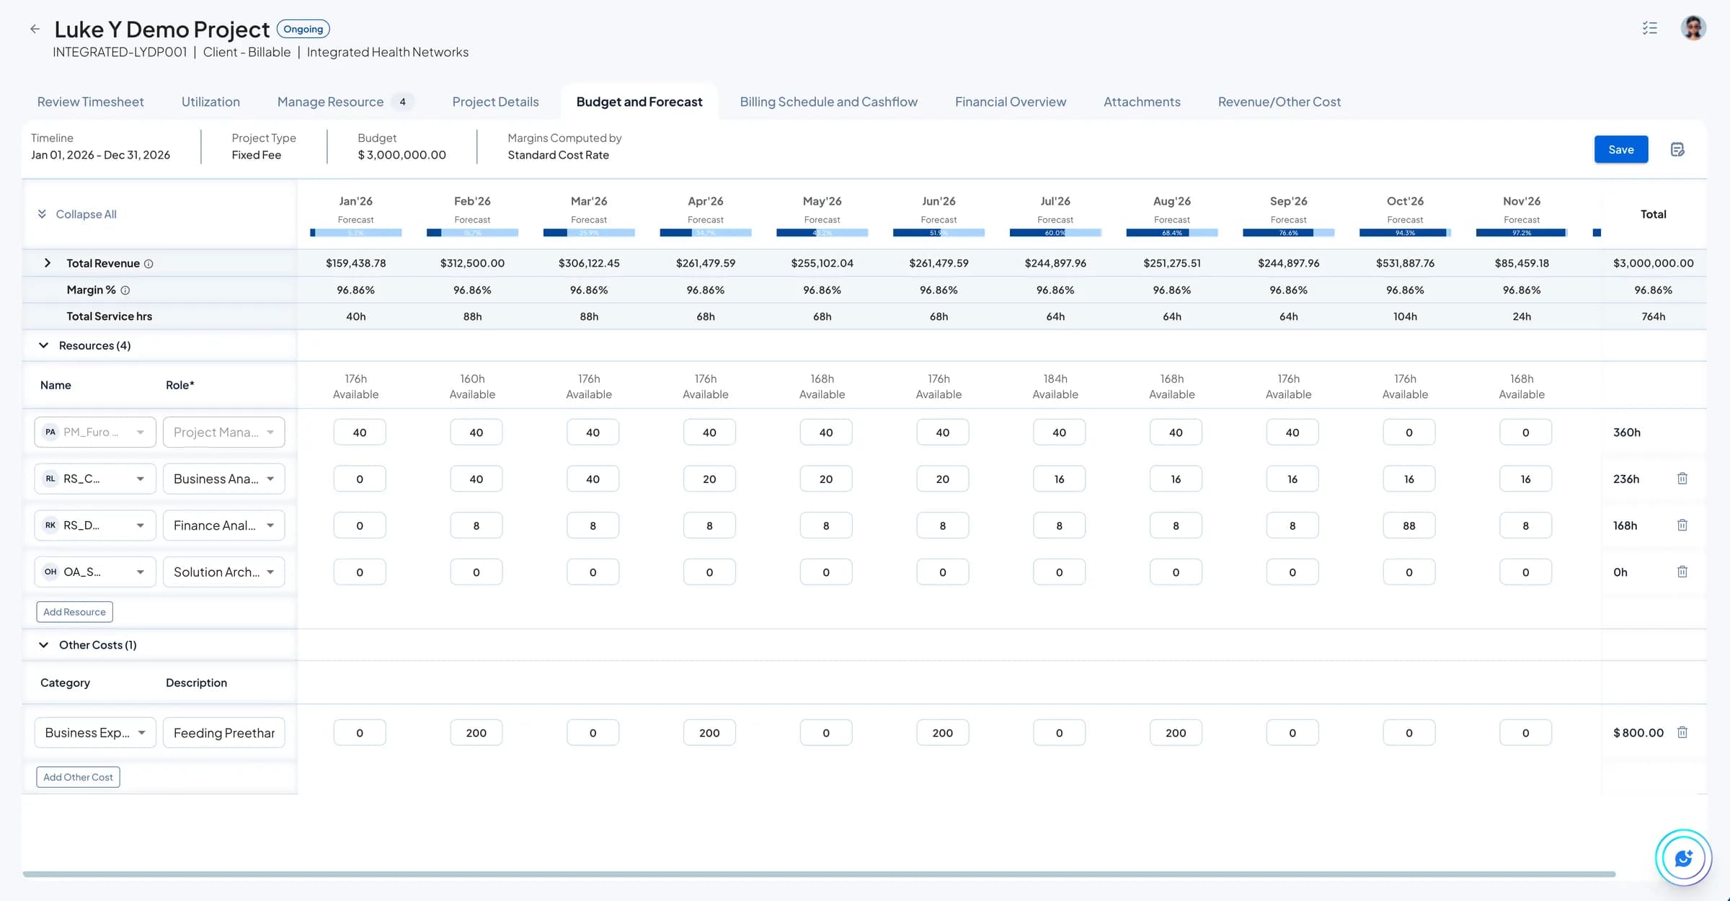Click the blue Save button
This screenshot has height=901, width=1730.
tap(1620, 149)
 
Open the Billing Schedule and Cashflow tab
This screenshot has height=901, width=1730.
tap(828, 102)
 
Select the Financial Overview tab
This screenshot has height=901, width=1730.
tap(1010, 102)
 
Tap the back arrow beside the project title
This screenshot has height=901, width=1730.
tap(35, 30)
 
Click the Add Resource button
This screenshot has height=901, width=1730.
tap(74, 612)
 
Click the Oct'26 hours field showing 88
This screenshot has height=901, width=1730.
tap(1409, 525)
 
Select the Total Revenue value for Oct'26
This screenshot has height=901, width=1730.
tap(1405, 263)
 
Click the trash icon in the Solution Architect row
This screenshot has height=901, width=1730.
tap(1682, 572)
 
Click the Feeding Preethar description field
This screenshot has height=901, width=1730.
tap(223, 732)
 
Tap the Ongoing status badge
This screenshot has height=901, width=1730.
tap(303, 30)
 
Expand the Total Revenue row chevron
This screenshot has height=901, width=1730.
tap(48, 263)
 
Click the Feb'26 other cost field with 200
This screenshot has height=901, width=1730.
tap(476, 732)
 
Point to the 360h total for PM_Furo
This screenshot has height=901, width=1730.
tap(1626, 432)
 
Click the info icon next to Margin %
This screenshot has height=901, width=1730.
tap(125, 290)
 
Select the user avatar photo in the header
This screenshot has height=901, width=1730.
tap(1693, 28)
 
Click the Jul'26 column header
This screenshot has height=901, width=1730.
tap(1055, 201)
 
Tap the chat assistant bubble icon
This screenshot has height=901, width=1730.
tap(1683, 858)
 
